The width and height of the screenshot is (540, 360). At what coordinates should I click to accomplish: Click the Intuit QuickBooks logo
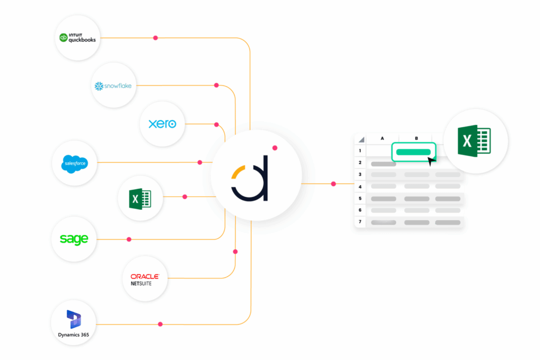(78, 37)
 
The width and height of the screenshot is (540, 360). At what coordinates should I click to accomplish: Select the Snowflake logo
(113, 85)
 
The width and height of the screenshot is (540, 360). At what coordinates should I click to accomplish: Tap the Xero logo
(162, 124)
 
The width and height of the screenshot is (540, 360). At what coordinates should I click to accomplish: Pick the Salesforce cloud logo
(74, 163)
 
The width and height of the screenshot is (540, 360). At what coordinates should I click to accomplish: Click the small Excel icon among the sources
(140, 198)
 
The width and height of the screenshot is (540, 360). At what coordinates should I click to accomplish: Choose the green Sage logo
(74, 239)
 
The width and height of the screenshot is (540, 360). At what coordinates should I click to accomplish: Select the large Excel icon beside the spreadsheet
(475, 141)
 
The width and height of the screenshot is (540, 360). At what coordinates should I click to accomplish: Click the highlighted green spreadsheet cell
(414, 152)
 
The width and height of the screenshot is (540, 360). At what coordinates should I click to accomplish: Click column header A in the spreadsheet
(382, 139)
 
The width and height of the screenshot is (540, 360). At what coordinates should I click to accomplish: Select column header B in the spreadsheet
(416, 139)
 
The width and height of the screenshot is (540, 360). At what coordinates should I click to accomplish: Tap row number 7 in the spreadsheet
(360, 222)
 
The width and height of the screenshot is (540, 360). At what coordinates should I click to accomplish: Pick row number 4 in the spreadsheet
(360, 187)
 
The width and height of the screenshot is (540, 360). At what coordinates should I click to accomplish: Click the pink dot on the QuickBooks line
(155, 38)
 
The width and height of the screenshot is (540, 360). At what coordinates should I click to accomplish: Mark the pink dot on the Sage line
(129, 239)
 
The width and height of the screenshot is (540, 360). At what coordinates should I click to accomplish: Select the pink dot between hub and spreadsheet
(333, 184)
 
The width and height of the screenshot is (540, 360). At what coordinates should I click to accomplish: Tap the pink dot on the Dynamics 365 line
(160, 324)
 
